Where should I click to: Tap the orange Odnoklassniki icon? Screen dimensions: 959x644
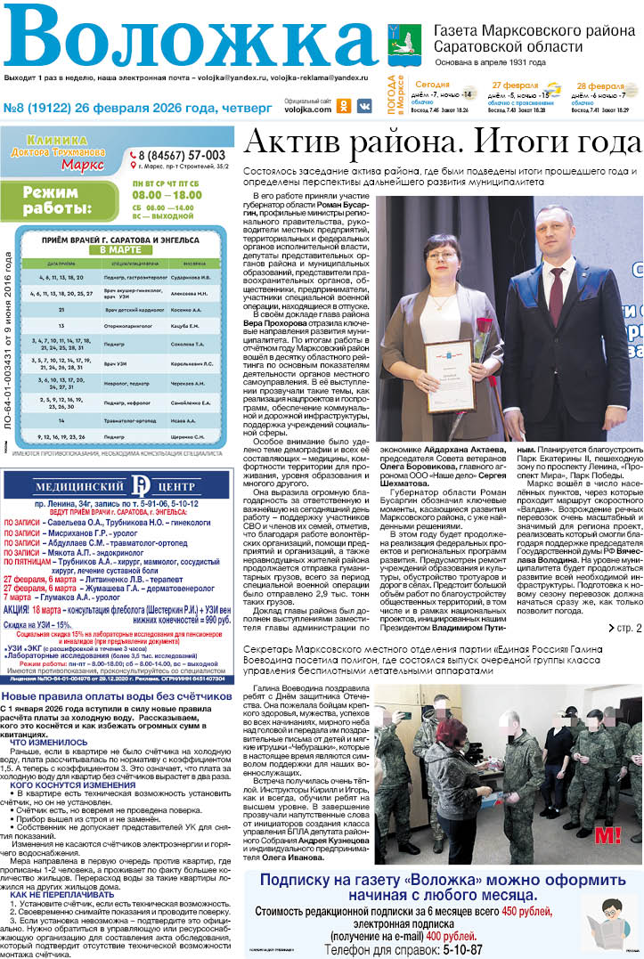344,105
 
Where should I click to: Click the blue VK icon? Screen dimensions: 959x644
364,105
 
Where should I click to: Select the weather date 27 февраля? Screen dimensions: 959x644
516,85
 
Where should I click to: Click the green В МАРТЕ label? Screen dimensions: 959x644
121,250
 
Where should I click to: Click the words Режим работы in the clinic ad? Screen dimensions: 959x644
57,200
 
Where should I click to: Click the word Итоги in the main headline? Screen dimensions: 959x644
515,142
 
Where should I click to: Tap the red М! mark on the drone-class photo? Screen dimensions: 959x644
607,835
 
